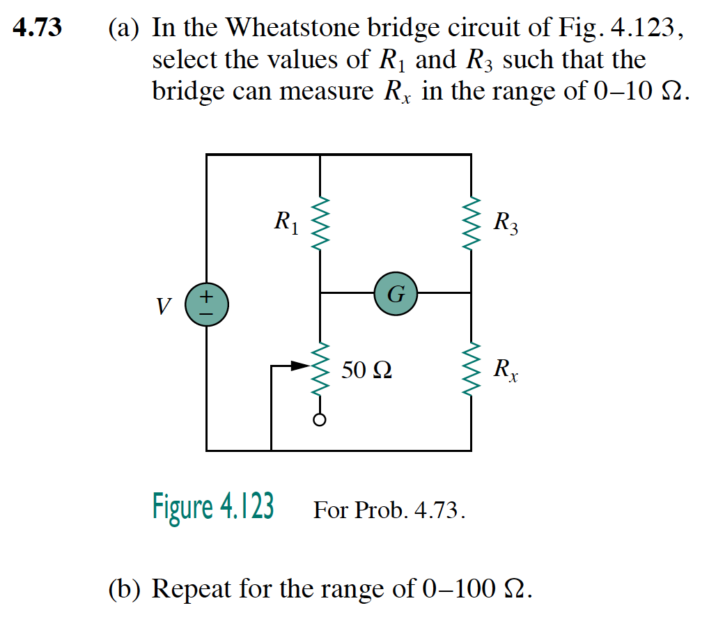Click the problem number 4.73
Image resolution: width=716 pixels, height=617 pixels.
38,29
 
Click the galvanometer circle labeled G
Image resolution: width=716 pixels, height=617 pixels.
395,294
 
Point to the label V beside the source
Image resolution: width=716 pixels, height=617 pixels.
164,306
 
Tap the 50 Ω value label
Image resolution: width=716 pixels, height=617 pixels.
366,370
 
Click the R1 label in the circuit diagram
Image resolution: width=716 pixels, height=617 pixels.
286,223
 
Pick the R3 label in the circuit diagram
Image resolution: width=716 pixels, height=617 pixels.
505,224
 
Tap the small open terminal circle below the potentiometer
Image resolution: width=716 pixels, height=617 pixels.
320,420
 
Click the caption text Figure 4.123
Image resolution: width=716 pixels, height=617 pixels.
213,507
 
